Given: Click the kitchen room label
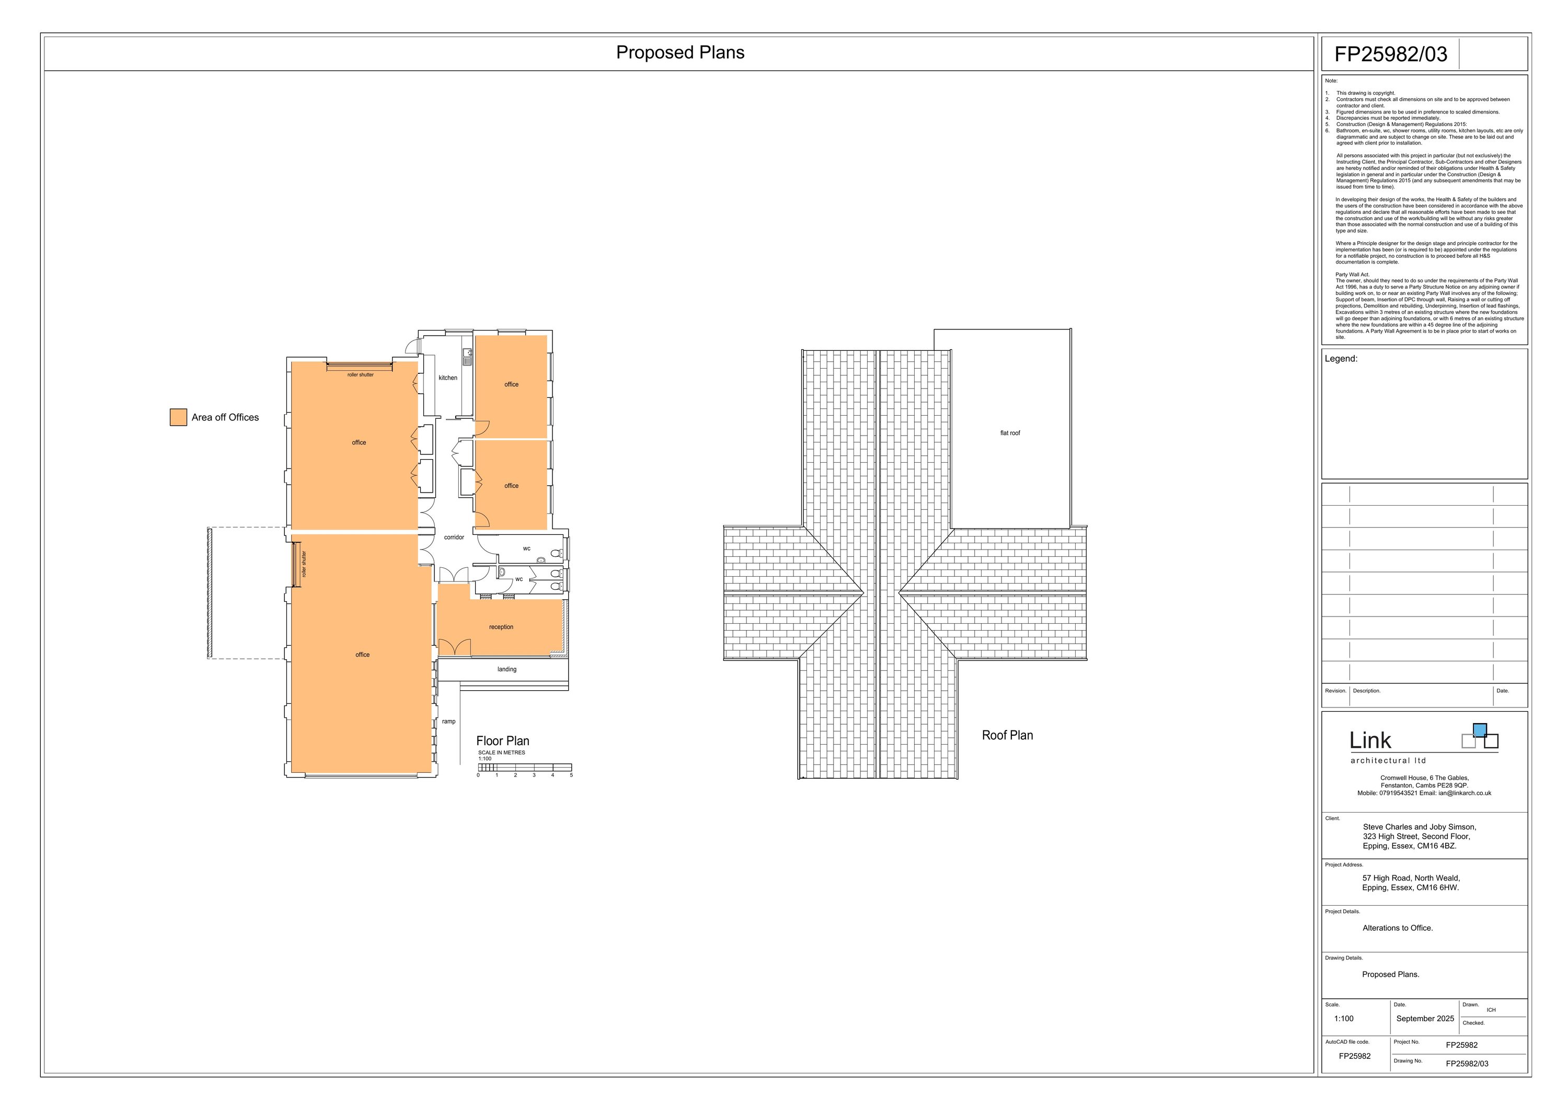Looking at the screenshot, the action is pyautogui.click(x=448, y=378).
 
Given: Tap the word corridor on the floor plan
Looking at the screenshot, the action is pyautogui.click(x=454, y=538).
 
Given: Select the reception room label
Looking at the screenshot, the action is pyautogui.click(x=501, y=627).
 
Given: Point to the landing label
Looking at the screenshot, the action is pyautogui.click(x=507, y=669).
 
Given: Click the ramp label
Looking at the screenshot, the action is pyautogui.click(x=448, y=722).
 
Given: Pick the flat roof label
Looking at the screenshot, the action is pyautogui.click(x=1010, y=433).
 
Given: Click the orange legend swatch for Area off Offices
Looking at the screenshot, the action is pyautogui.click(x=178, y=417).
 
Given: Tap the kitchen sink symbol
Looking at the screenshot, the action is pyautogui.click(x=467, y=357).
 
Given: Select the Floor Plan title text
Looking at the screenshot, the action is pyautogui.click(x=503, y=741).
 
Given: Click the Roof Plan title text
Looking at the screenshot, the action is pyautogui.click(x=1007, y=736).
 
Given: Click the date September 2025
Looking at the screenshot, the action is pyautogui.click(x=1425, y=1019).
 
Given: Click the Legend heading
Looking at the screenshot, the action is pyautogui.click(x=1341, y=359).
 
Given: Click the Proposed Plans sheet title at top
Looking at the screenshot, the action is pyautogui.click(x=680, y=53).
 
